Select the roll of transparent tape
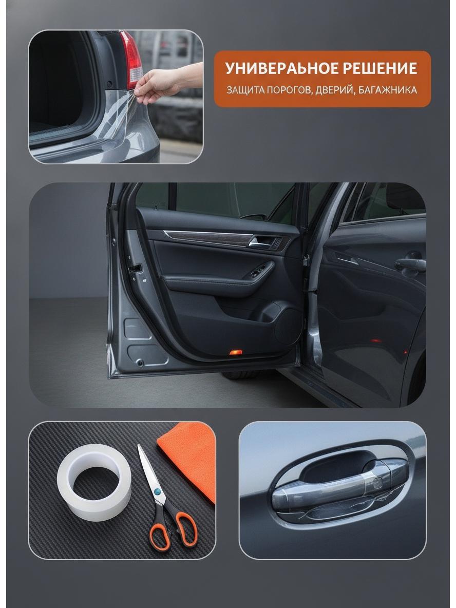pos(94,482)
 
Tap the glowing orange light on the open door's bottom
pos(235,352)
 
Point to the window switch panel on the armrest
pos(258,271)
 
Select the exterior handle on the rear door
pos(411,265)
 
